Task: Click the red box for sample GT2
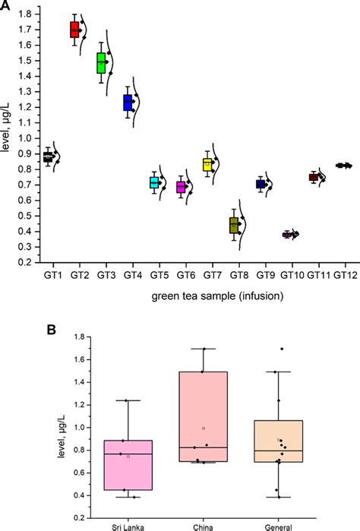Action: pos(74,30)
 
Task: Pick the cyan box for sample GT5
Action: pos(154,182)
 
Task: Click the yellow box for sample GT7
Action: pos(207,164)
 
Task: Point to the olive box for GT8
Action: pos(234,225)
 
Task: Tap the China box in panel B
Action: pos(204,422)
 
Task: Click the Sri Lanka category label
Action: pos(128,524)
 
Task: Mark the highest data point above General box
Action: pos(281,349)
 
